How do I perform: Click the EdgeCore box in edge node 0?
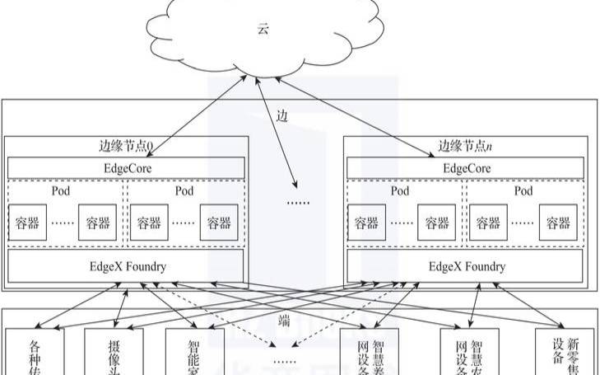tap(126, 167)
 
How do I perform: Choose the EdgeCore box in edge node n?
tap(467, 167)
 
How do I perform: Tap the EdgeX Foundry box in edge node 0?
tap(126, 266)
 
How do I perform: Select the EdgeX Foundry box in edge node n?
tap(467, 266)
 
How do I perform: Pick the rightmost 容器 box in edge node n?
tap(558, 223)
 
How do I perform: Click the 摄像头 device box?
tap(114, 353)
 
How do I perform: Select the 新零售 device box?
tap(565, 353)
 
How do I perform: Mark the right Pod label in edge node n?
tap(523, 191)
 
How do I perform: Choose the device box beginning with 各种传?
tap(35, 353)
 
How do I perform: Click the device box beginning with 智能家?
tap(194, 353)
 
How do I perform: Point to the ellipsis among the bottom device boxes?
tap(284, 361)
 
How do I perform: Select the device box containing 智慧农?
tap(469, 353)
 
